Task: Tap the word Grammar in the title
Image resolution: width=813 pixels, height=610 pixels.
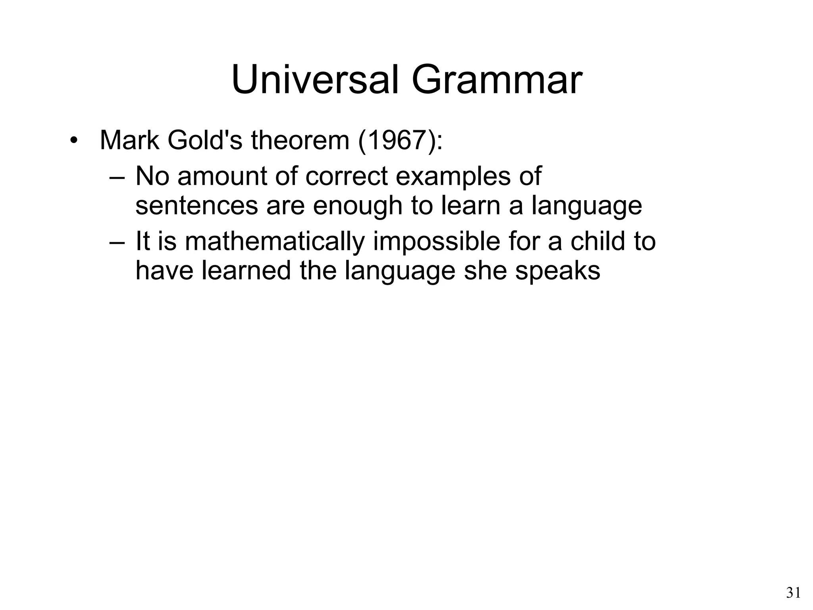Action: [497, 80]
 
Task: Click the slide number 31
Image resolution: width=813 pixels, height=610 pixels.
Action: [793, 593]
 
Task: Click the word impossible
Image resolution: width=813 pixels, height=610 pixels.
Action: [437, 241]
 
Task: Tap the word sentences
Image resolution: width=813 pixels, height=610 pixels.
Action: [197, 206]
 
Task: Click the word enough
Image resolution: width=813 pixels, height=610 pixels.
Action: [357, 206]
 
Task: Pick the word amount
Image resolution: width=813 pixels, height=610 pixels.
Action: [222, 176]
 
